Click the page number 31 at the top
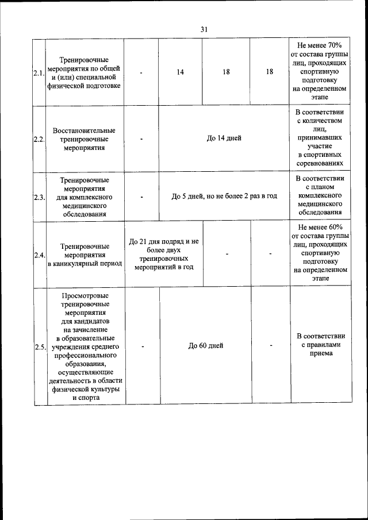coord(204,29)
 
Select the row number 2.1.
coord(39,72)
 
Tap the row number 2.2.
coord(39,138)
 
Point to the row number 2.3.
coord(39,197)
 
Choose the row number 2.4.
coord(39,255)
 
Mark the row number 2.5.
coord(39,346)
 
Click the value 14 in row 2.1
coord(181,72)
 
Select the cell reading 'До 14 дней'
coord(224,138)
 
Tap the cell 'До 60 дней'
coord(206,345)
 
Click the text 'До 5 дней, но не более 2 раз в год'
coord(224,196)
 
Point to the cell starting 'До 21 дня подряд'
coord(164,254)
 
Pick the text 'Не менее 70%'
coord(319,45)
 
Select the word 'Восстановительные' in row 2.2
coord(84,130)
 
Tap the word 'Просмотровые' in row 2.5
coord(84,295)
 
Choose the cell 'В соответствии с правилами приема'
coord(319,345)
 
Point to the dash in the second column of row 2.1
coord(141,72)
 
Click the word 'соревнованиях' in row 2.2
coord(319,164)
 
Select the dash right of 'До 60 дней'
coord(271,345)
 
